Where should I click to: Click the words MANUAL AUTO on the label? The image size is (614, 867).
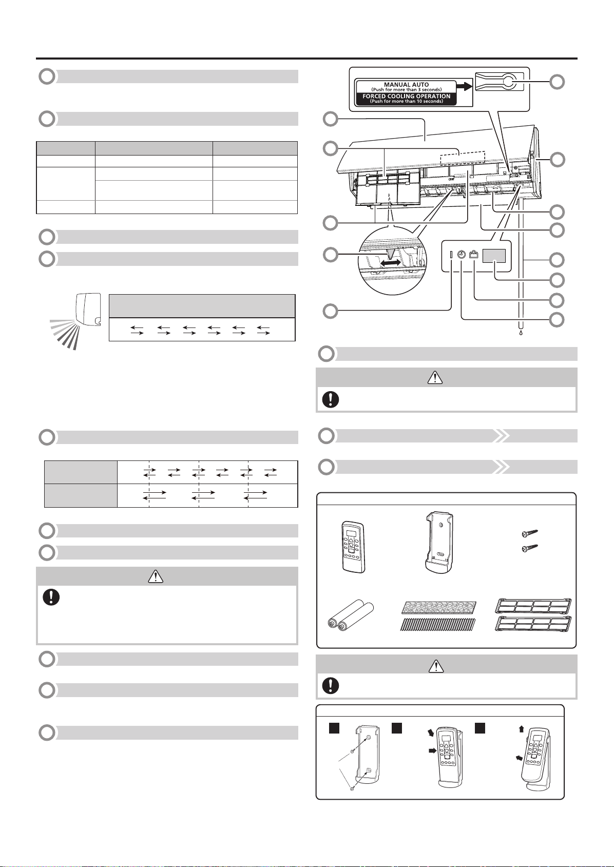tap(406, 84)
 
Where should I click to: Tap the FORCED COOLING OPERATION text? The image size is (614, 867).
tap(406, 96)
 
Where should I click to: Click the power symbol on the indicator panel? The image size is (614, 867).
tap(461, 255)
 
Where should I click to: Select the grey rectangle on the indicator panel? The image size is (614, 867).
tap(494, 256)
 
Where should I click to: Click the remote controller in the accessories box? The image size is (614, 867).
tap(353, 547)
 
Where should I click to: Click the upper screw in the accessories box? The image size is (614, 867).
tap(529, 534)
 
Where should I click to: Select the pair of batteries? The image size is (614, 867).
tap(350, 615)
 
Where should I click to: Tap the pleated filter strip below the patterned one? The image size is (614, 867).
tap(437, 624)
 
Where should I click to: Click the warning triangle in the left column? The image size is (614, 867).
tap(156, 576)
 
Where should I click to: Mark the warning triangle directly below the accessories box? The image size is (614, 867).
tap(436, 666)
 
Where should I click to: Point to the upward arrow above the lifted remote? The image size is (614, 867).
tap(521, 729)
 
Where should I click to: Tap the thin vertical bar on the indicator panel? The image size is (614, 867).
tap(451, 255)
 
